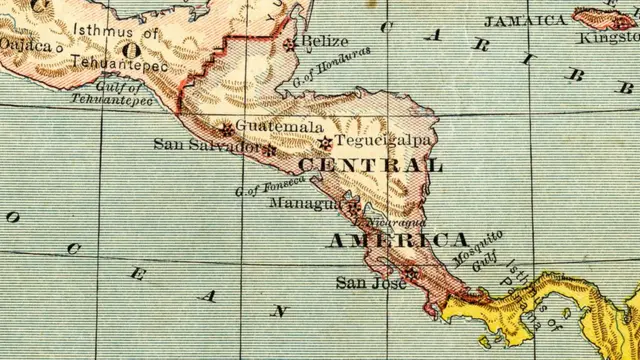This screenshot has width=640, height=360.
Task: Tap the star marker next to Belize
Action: (x=290, y=44)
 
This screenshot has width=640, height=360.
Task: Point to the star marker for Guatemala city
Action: (x=227, y=129)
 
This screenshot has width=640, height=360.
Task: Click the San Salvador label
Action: (x=207, y=145)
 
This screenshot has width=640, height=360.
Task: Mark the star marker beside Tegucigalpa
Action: (x=323, y=143)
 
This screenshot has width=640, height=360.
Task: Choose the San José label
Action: (x=358, y=284)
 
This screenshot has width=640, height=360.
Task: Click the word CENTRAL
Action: (x=370, y=165)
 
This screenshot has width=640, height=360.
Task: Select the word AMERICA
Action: (x=398, y=241)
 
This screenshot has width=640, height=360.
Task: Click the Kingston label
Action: (x=609, y=38)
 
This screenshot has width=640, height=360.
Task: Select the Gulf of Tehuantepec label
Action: (x=112, y=94)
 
